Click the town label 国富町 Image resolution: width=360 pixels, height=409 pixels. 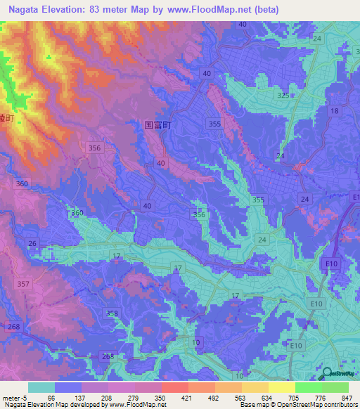[158, 124]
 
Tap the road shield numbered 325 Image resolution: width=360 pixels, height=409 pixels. [283, 95]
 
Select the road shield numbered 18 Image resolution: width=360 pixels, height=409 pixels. [334, 112]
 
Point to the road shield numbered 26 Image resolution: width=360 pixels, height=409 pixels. [32, 244]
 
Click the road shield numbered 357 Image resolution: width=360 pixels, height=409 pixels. [23, 284]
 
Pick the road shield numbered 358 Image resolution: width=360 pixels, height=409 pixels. [112, 313]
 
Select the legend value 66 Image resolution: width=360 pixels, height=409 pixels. [51, 398]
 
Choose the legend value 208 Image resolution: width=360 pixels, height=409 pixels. [105, 398]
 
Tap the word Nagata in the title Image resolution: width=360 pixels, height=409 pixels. [22, 9]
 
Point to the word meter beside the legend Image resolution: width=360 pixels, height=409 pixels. [11, 398]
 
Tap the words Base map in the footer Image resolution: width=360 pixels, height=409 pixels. [253, 405]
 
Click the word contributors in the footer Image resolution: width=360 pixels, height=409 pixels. [340, 405]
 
